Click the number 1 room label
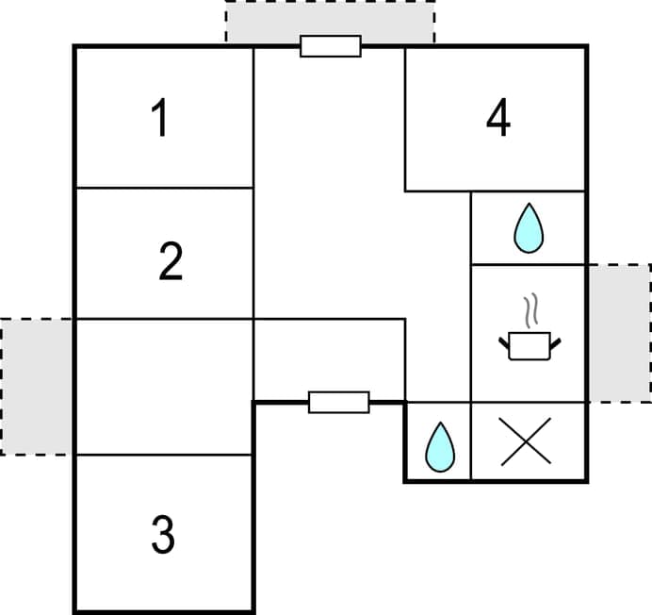pos(161,120)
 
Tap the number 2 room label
pos(170,261)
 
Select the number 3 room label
pos(163,535)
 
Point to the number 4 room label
pos(498,119)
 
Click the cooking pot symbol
pos(529,346)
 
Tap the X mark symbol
pos(527,442)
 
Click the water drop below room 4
pos(529,229)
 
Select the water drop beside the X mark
pos(439,446)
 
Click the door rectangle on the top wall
pos(331,45)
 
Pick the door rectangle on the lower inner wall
pos(339,402)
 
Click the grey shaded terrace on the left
pos(37,387)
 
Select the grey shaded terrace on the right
pos(619,333)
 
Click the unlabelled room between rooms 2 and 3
pos(164,387)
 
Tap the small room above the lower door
pos(330,358)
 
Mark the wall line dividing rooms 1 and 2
pos(164,188)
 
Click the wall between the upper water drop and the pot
pos(528,264)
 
